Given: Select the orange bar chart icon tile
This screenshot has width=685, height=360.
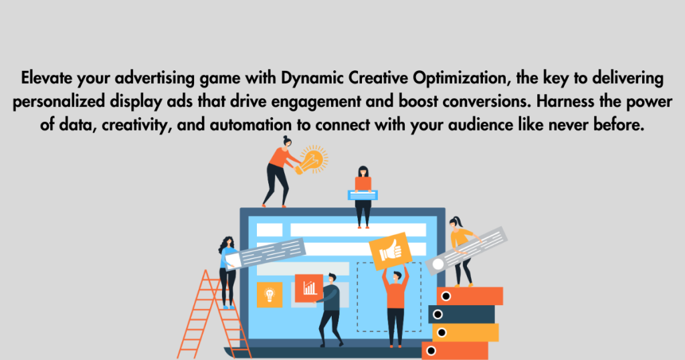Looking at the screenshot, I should click(x=308, y=288).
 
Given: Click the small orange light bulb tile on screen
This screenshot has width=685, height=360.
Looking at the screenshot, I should click(x=270, y=294).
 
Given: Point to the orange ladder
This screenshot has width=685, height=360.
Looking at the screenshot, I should click(x=201, y=314).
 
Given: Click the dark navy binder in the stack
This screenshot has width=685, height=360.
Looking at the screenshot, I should click(x=461, y=314).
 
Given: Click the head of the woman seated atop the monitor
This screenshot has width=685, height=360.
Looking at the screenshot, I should click(x=363, y=171).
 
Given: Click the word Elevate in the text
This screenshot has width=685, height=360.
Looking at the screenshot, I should click(x=45, y=79).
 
